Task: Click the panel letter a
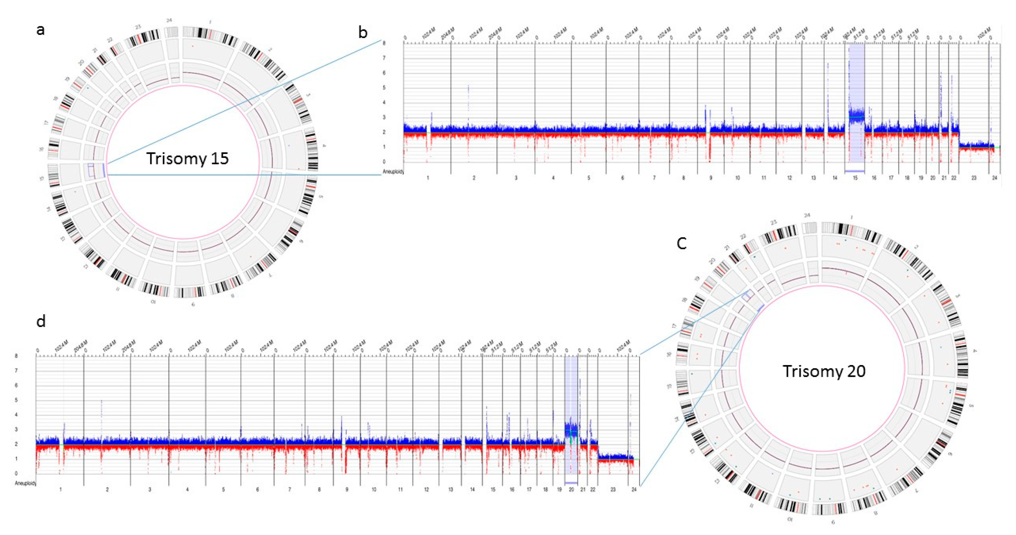(x=40, y=30)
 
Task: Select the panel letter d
(x=41, y=322)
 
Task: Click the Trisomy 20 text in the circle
(x=824, y=371)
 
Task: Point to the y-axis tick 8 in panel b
(x=384, y=43)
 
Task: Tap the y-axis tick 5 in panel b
(x=384, y=88)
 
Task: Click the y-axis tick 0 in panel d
(x=16, y=473)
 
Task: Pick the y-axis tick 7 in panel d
(x=16, y=371)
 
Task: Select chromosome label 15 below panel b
(x=855, y=178)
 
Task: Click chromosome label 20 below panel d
(x=572, y=489)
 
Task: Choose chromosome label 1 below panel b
(x=428, y=178)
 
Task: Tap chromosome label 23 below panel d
(x=613, y=489)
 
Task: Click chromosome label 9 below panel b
(x=711, y=178)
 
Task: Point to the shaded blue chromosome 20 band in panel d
(x=572, y=414)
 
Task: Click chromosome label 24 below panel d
(x=634, y=489)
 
